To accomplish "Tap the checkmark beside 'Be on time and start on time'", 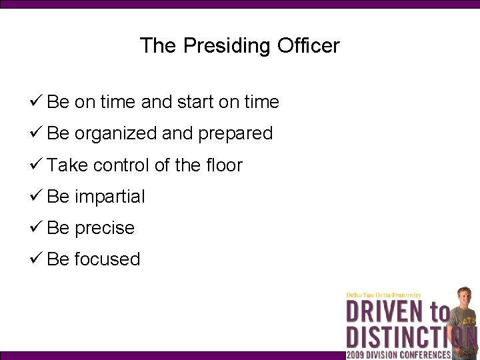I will point(37,101).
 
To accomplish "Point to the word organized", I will point(116,133).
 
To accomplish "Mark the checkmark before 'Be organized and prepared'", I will point(37,133).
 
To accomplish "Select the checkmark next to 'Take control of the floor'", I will point(37,164).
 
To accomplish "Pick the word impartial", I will point(110,197).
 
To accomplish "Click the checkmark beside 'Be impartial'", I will point(37,195).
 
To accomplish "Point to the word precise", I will point(105,228).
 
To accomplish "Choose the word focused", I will point(107,259).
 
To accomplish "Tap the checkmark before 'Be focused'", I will point(37,258).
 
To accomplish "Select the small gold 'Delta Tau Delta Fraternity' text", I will point(383,295).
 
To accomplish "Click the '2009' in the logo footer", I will point(357,355).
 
